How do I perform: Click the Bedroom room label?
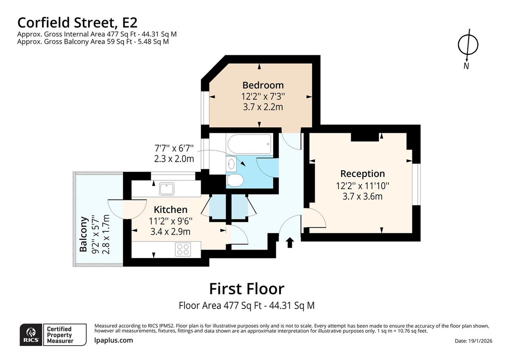[x=263, y=85]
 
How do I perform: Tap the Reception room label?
[x=363, y=174]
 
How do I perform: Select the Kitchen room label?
[x=170, y=209]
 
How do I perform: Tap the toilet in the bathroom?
[x=235, y=181]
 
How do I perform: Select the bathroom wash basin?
[x=231, y=163]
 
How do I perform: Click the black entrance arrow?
[x=290, y=242]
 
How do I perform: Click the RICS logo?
[x=31, y=335]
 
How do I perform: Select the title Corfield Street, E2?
[x=77, y=22]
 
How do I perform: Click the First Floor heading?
[x=246, y=289]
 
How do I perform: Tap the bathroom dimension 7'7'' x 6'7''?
[x=174, y=149]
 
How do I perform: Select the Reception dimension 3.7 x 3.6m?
[x=363, y=196]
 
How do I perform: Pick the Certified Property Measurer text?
[x=60, y=335]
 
